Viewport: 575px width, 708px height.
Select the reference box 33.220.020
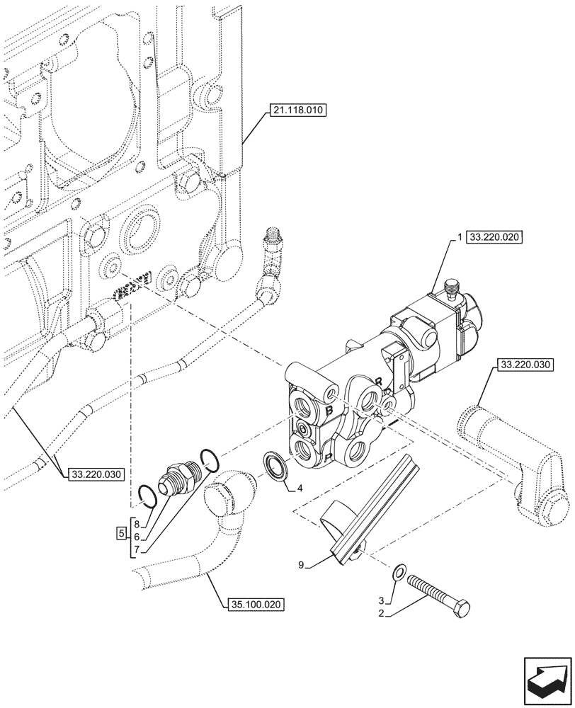[x=494, y=239]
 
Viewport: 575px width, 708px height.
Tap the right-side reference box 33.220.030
[x=525, y=365]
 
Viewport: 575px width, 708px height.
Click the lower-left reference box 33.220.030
[x=96, y=475]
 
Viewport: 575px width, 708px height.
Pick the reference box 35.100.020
[x=256, y=605]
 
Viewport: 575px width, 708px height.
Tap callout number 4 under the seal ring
[x=300, y=489]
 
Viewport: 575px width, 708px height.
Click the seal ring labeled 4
[x=274, y=468]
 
